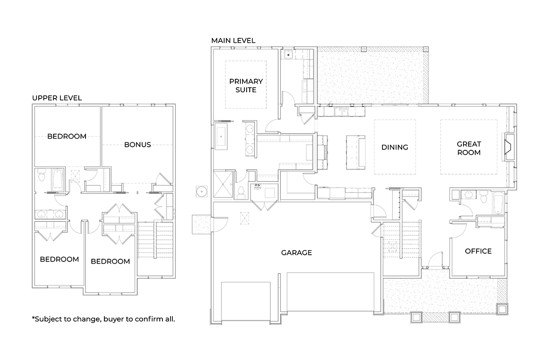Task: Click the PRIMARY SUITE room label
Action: (246, 85)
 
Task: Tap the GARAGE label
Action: (297, 252)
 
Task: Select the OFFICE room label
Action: (478, 251)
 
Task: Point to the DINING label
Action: (395, 147)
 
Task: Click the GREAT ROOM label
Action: (469, 148)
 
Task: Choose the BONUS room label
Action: (137, 144)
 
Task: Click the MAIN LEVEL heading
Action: (233, 40)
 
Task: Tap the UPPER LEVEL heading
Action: (57, 98)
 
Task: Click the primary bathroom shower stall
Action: (223, 184)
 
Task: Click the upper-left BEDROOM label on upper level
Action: (67, 136)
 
